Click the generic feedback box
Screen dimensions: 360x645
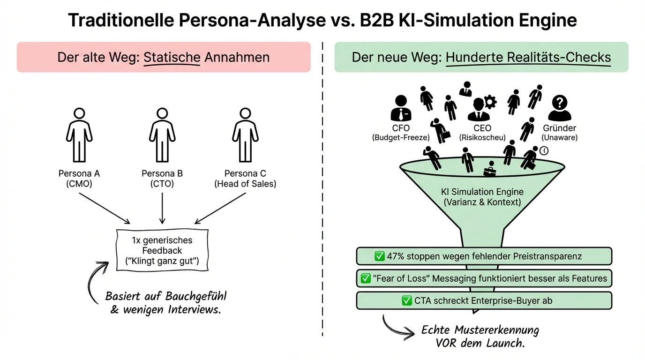(x=163, y=250)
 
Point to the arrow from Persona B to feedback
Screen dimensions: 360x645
(x=162, y=206)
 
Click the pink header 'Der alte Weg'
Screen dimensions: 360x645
(x=164, y=57)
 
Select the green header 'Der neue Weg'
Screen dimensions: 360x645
(x=481, y=57)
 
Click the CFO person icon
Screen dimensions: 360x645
(x=401, y=108)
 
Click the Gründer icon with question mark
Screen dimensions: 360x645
(x=560, y=108)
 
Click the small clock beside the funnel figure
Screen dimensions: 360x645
(x=544, y=150)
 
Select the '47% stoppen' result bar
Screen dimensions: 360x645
(x=484, y=256)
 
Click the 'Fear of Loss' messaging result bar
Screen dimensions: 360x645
(x=484, y=278)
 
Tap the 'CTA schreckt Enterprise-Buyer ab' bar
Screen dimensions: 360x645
(x=484, y=300)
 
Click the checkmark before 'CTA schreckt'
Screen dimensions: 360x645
(x=407, y=301)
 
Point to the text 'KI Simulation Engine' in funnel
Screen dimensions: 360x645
(x=482, y=192)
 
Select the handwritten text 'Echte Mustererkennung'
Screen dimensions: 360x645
(x=480, y=330)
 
